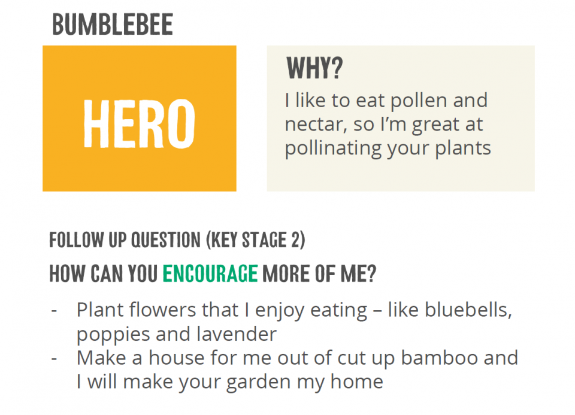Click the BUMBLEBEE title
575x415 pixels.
pyautogui.click(x=113, y=25)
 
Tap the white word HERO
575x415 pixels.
pyautogui.click(x=140, y=123)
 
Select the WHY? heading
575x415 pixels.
pyautogui.click(x=314, y=68)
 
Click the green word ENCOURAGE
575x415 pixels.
pyautogui.click(x=210, y=274)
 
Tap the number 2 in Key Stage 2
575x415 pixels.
pyautogui.click(x=296, y=240)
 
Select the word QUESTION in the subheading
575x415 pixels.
pyautogui.click(x=166, y=240)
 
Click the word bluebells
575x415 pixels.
pyautogui.click(x=468, y=310)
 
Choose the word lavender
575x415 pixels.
pyautogui.click(x=236, y=334)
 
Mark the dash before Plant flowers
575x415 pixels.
pyautogui.click(x=55, y=311)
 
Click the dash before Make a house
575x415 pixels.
pyautogui.click(x=55, y=359)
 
